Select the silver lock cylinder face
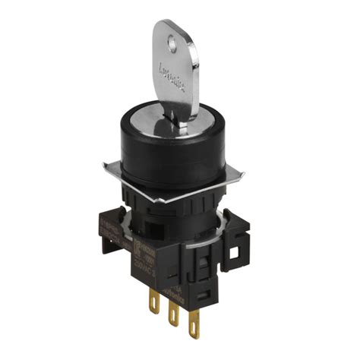[x=156, y=114]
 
